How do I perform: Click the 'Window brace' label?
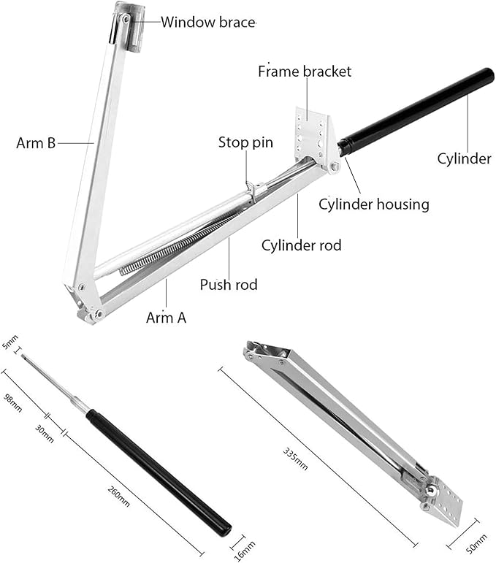tap(208, 21)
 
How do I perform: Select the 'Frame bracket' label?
tap(305, 72)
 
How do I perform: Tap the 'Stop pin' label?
tap(245, 142)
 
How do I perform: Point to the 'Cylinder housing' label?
tap(374, 204)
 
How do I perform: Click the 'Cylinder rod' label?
tap(302, 245)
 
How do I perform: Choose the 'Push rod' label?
tap(229, 284)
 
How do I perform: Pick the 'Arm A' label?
tap(166, 318)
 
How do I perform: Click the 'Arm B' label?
tap(36, 143)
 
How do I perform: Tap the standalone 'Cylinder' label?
tap(464, 158)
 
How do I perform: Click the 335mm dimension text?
tap(296, 457)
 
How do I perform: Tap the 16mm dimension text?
tap(249, 547)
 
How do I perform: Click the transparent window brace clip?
tap(130, 26)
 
